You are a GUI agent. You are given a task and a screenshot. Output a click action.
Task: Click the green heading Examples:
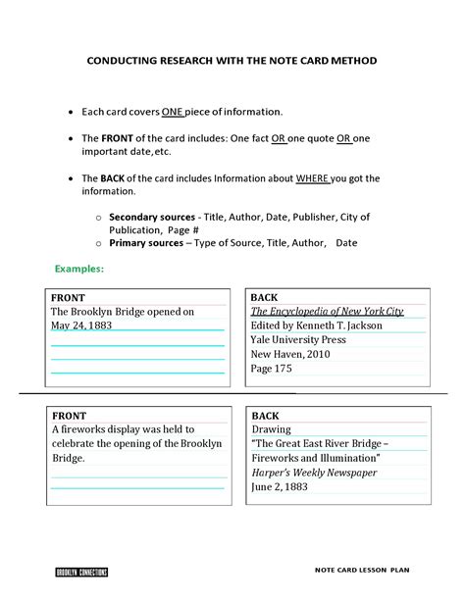79,268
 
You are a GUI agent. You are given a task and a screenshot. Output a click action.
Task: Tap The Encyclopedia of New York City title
327,311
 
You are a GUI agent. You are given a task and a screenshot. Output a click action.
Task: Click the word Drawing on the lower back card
271,429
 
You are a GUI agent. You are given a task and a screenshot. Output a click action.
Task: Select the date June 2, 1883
281,487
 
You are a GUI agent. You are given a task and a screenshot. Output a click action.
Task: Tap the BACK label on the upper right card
265,297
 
